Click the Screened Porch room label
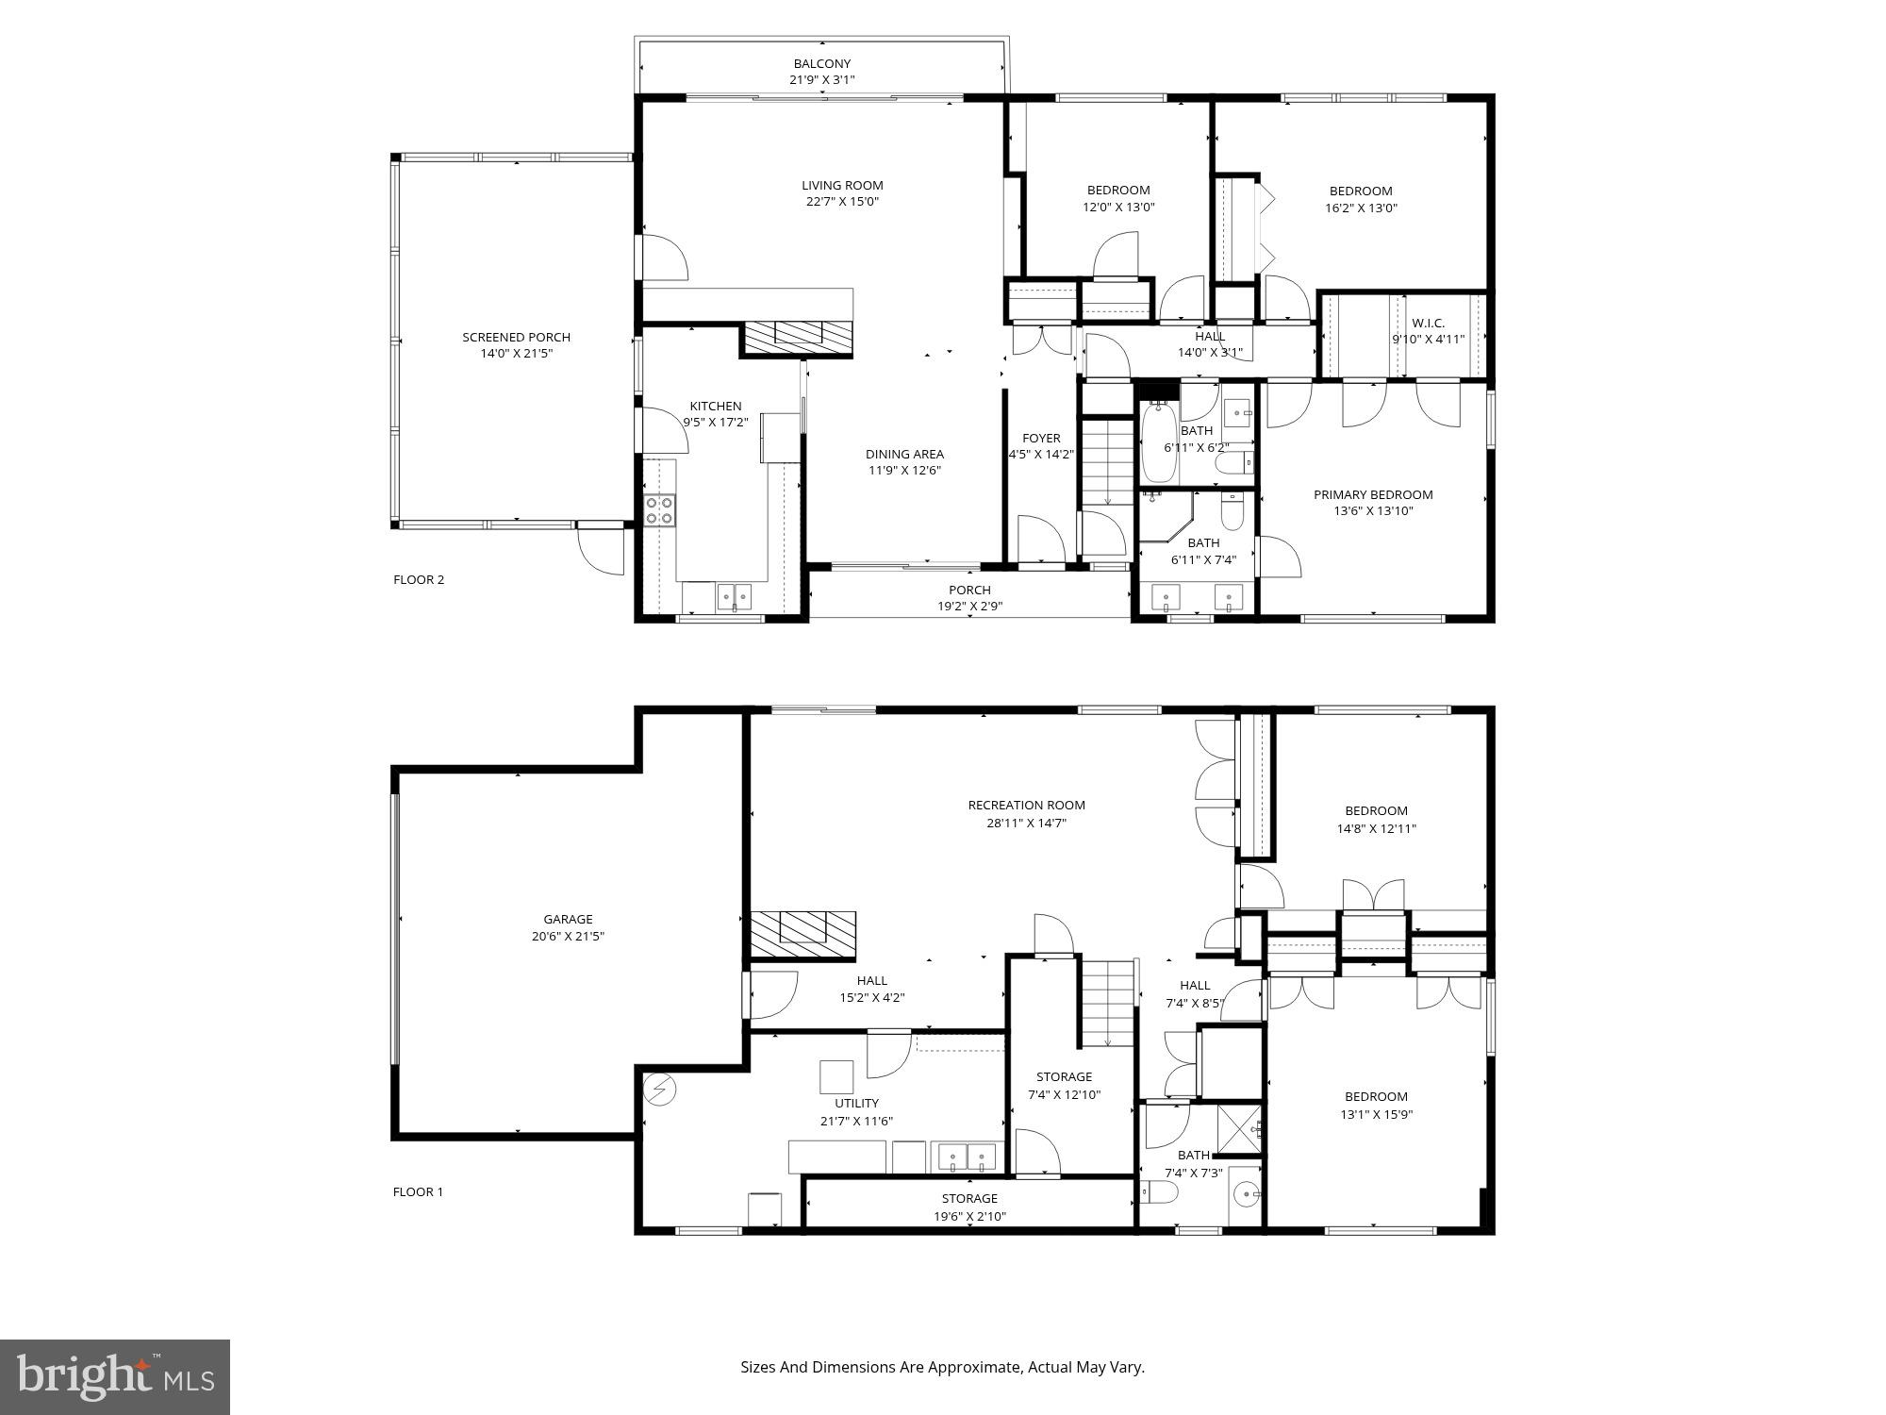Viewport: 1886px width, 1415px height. point(516,337)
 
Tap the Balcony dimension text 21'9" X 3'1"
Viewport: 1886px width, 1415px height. point(821,80)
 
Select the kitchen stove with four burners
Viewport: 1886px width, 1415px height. point(659,509)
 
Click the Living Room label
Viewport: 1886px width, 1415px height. point(842,185)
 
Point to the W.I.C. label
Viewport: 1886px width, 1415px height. point(1428,323)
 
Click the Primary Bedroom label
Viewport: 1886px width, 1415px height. point(1372,494)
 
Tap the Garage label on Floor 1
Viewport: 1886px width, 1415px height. point(568,919)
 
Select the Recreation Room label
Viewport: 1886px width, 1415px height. point(1026,805)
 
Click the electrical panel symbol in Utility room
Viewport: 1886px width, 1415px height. point(660,1090)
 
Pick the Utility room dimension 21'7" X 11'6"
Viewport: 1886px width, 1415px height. point(856,1121)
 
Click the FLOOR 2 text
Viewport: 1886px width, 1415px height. point(418,579)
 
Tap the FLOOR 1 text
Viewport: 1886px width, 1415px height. point(418,1191)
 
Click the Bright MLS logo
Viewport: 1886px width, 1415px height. point(115,1377)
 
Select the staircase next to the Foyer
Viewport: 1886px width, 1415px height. point(1107,462)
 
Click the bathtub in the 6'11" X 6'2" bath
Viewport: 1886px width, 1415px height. point(1157,443)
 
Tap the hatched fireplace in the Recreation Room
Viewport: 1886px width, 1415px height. point(802,934)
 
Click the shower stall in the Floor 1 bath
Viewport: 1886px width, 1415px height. point(1239,1129)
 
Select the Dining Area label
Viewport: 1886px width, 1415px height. point(904,454)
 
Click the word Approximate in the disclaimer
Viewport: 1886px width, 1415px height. point(974,1367)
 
